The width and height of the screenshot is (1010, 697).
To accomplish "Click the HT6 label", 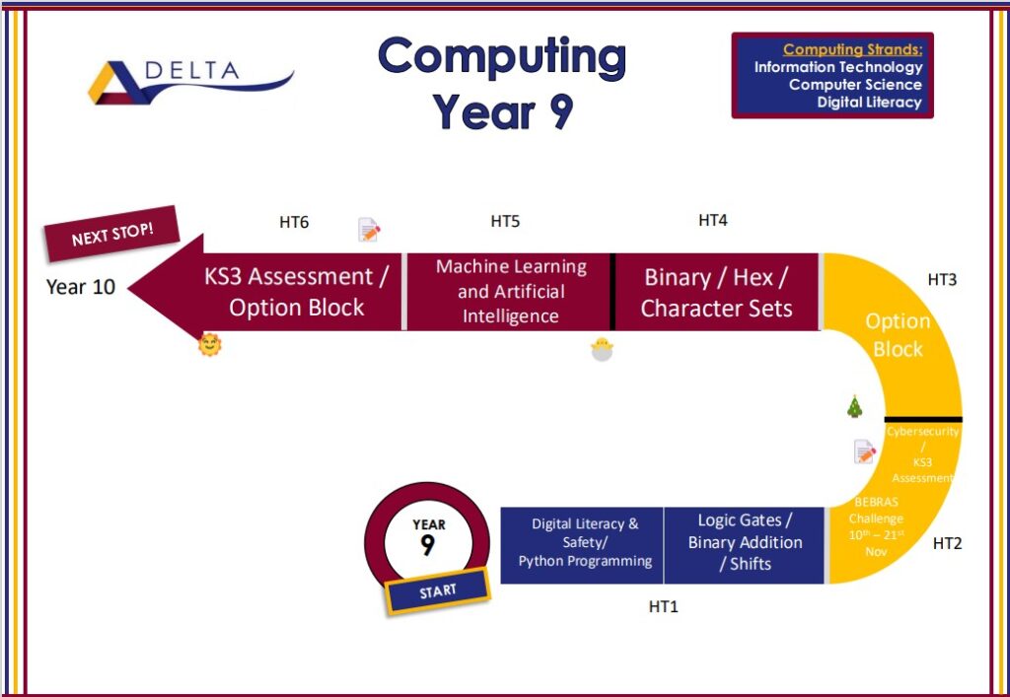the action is coord(294,222).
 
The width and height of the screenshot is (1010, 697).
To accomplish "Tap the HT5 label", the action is coord(505,222).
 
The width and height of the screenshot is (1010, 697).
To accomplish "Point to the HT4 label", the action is coord(713,220).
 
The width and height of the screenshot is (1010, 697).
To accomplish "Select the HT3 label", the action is coord(942,279).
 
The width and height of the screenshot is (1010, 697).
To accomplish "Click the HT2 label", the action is coord(947,544).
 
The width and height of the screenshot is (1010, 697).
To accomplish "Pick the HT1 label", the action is coord(664,606).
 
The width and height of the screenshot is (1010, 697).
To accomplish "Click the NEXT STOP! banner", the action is coord(112,234).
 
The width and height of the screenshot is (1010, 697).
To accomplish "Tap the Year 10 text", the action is coord(81,287).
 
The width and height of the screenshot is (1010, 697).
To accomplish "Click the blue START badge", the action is coord(438,591).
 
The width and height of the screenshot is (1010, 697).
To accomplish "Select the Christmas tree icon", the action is coord(855,406).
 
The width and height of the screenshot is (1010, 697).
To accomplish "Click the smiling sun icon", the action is coord(210,345).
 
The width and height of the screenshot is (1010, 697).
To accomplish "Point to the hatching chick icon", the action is coord(602,349).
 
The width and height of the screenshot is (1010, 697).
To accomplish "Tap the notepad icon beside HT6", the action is coord(369,230).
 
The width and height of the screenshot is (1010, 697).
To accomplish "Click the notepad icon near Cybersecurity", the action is coord(864,452).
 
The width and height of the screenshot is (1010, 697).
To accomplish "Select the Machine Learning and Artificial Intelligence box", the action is coord(509,292).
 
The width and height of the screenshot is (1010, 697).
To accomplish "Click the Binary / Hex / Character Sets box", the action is coord(717,292).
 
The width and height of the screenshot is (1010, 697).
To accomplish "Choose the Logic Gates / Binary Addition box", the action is coord(744,545).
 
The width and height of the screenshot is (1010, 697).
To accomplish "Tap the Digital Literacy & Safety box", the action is coord(582,545).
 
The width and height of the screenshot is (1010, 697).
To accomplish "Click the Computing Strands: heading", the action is coord(853,49).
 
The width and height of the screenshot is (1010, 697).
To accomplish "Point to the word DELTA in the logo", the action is coord(192,70).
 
